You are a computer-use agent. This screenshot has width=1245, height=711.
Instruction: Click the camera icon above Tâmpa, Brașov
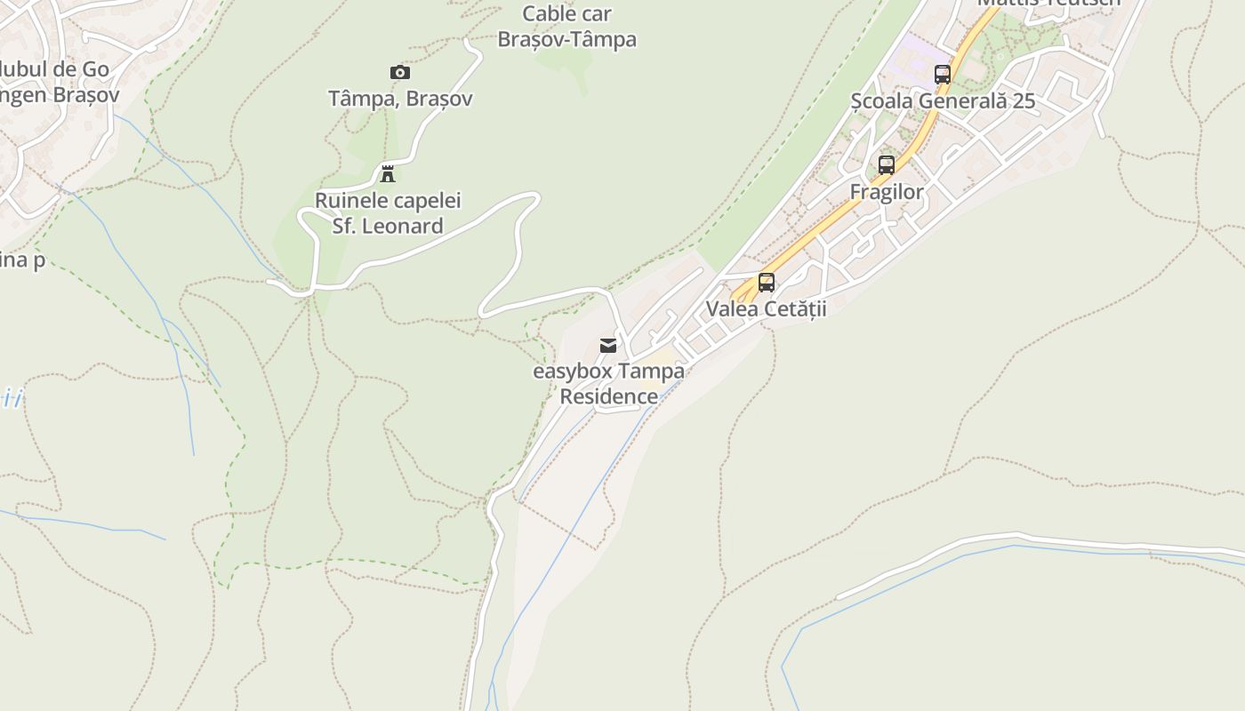click(400, 72)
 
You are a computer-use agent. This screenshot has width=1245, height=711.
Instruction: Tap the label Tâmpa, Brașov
click(400, 99)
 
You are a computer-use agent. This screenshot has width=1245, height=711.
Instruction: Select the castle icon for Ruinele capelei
click(388, 173)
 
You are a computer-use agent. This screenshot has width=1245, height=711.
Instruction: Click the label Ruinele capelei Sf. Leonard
click(388, 213)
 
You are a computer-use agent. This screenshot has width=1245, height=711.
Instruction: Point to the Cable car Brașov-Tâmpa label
click(566, 27)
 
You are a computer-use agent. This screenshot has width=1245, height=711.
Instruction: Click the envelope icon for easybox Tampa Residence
click(608, 346)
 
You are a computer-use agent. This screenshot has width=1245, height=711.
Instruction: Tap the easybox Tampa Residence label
click(609, 383)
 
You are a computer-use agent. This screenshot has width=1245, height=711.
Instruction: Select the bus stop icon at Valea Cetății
click(767, 283)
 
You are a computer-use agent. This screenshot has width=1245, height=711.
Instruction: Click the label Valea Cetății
click(767, 308)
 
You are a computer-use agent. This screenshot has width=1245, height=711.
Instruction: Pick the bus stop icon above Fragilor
click(887, 165)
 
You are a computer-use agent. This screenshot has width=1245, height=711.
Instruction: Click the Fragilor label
click(887, 192)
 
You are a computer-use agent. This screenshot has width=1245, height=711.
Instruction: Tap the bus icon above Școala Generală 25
click(943, 75)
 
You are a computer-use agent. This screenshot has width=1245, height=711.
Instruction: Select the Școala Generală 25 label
click(943, 100)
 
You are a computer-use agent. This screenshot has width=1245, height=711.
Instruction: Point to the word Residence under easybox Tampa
click(609, 396)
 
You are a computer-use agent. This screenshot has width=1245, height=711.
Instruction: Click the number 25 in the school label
click(1024, 100)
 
